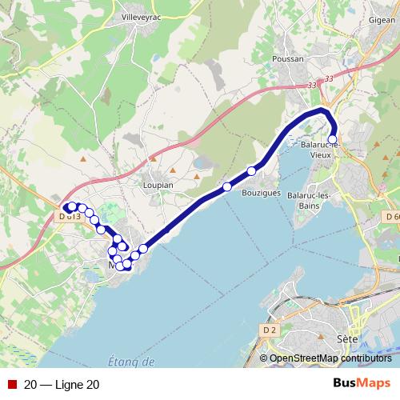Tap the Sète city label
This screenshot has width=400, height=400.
[347, 338]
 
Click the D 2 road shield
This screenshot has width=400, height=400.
[268, 329]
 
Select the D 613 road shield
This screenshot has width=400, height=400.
[70, 216]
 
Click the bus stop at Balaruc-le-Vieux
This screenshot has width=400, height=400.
[333, 138]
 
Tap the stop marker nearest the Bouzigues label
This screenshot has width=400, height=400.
[251, 170]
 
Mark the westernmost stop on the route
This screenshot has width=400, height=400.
[71, 206]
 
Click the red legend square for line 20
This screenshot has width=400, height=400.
[12, 385]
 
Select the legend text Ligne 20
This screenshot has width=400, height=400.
[62, 385]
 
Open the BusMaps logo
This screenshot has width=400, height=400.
[362, 384]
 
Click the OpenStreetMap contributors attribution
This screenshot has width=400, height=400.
[330, 358]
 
